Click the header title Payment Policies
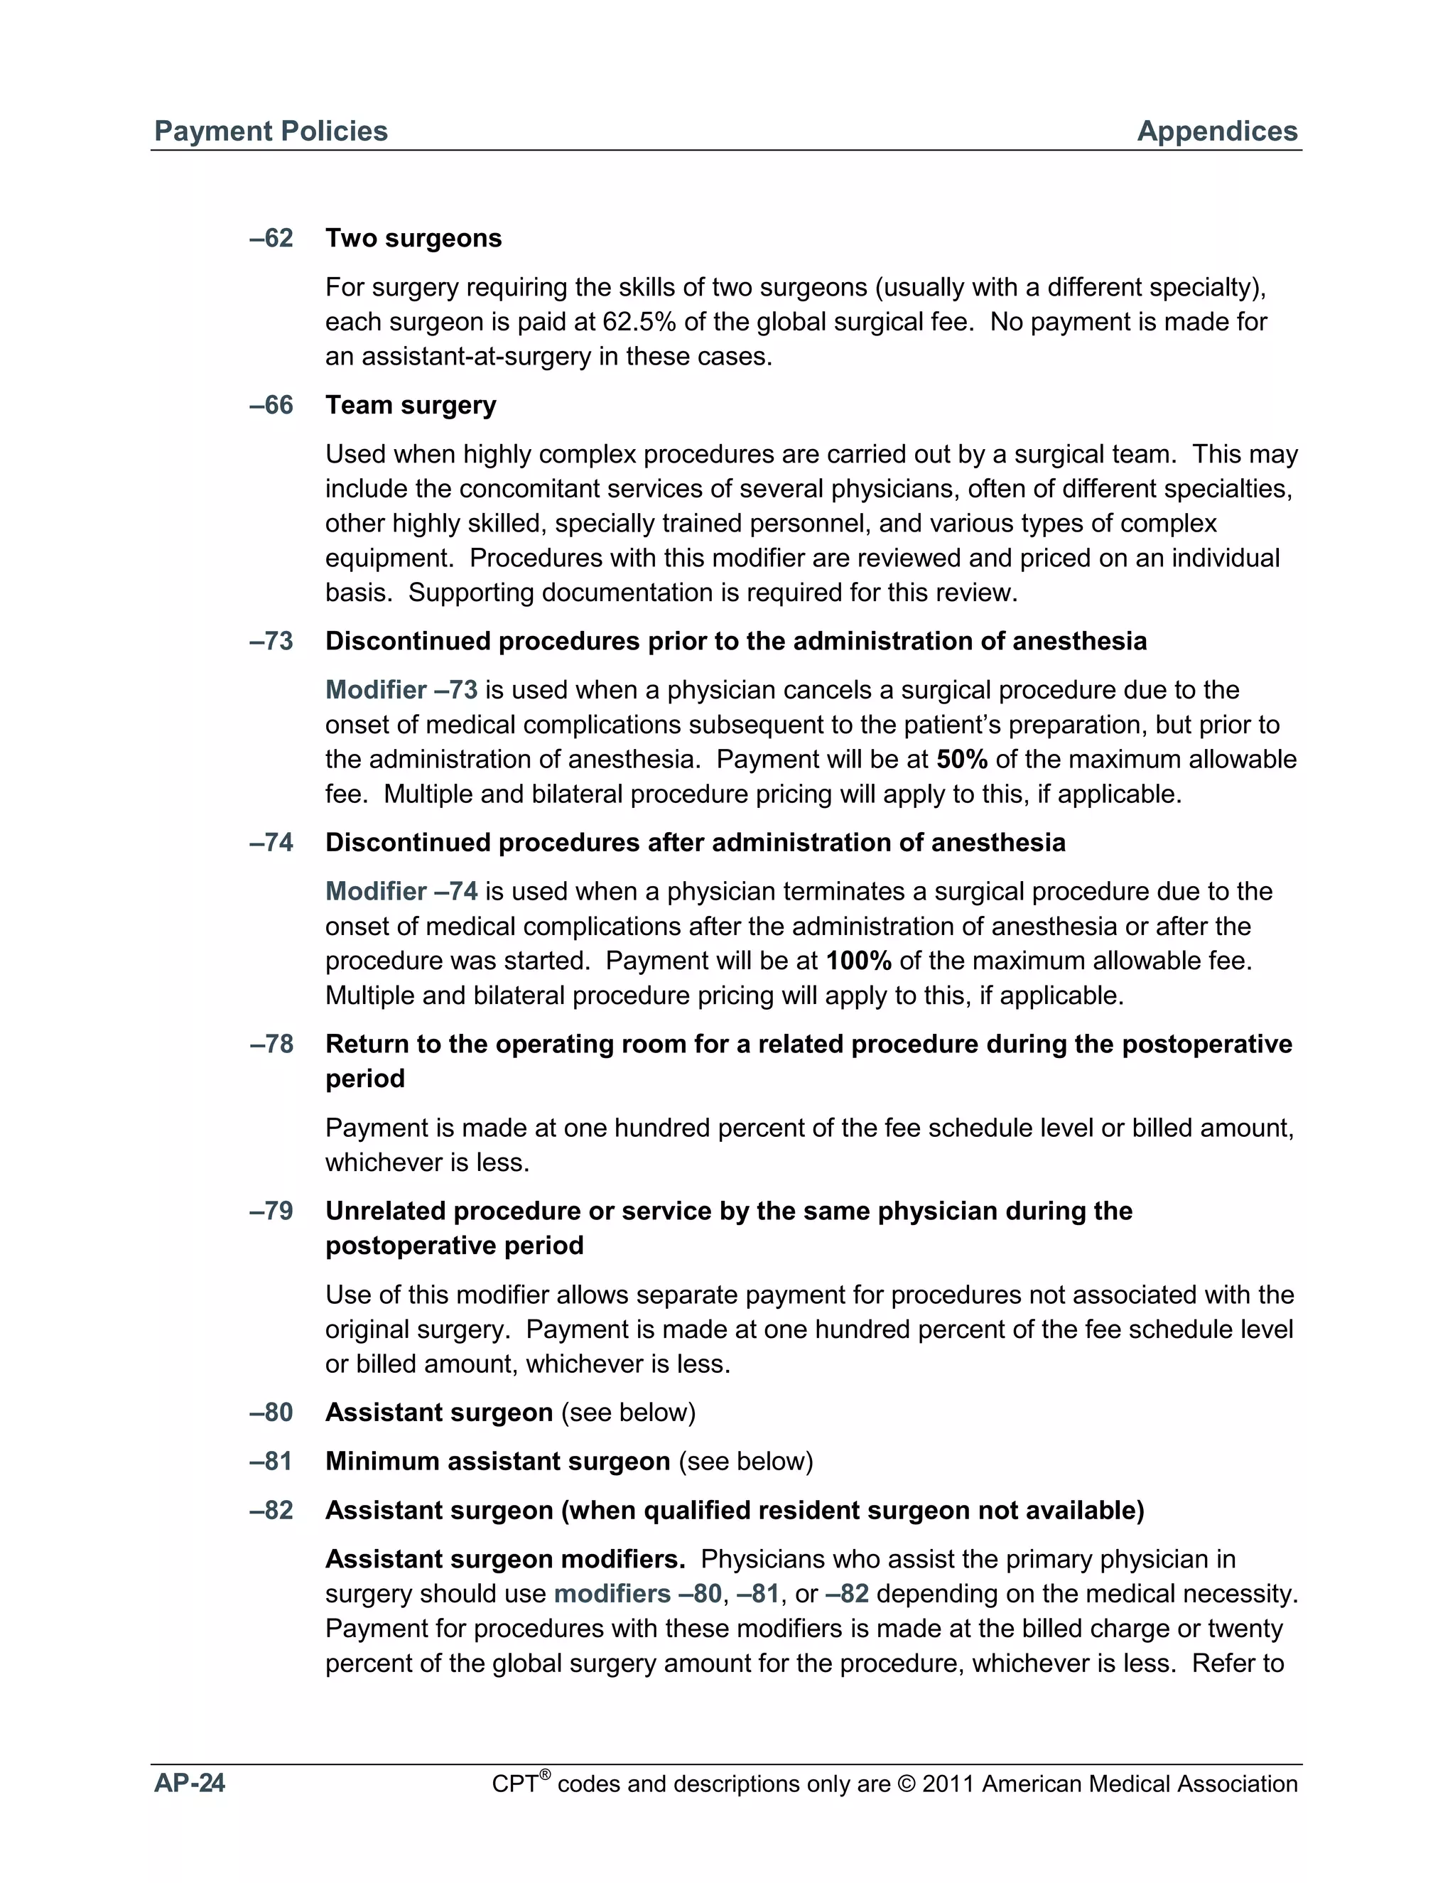pyautogui.click(x=271, y=131)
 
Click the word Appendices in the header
pyautogui.click(x=1216, y=131)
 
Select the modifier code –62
pyautogui.click(x=271, y=238)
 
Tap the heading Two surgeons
pyautogui.click(x=413, y=238)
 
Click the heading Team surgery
pyautogui.click(x=411, y=405)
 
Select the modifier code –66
pyautogui.click(x=271, y=405)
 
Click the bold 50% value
pyautogui.click(x=961, y=760)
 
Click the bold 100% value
pyautogui.click(x=858, y=961)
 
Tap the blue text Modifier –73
pyautogui.click(x=401, y=690)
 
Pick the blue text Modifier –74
pyautogui.click(x=401, y=892)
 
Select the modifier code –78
pyautogui.click(x=271, y=1044)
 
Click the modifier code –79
pyautogui.click(x=271, y=1212)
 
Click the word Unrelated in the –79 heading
pyautogui.click(x=385, y=1212)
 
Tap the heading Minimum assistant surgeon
pyautogui.click(x=497, y=1462)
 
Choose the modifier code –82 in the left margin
pyautogui.click(x=271, y=1511)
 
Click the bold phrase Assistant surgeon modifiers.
pyautogui.click(x=504, y=1560)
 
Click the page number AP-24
pyautogui.click(x=190, y=1783)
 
